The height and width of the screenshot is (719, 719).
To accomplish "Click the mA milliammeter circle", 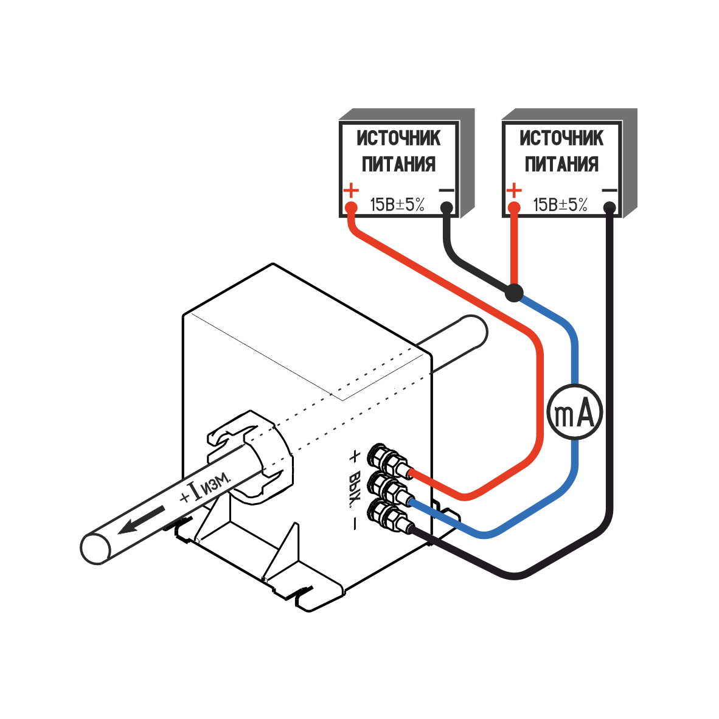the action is pyautogui.click(x=575, y=412).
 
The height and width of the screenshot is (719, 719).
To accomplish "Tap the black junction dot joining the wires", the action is pyautogui.click(x=514, y=293).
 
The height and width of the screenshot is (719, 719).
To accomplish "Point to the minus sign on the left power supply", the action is pyautogui.click(x=446, y=190).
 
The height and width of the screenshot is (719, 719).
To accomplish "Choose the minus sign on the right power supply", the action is pyautogui.click(x=609, y=190).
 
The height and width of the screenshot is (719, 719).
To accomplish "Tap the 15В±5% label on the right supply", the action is pyautogui.click(x=560, y=205).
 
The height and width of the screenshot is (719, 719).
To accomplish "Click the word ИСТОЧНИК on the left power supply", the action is pyautogui.click(x=398, y=139).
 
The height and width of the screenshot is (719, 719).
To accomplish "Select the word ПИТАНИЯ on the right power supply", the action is pyautogui.click(x=561, y=164).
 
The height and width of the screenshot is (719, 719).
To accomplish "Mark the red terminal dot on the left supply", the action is pyautogui.click(x=351, y=208).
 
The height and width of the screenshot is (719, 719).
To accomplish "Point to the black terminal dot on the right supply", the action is pyautogui.click(x=610, y=209).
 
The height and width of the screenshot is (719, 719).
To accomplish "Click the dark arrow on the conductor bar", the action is pyautogui.click(x=140, y=521).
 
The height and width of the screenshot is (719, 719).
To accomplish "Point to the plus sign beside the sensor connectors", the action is pyautogui.click(x=354, y=456).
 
